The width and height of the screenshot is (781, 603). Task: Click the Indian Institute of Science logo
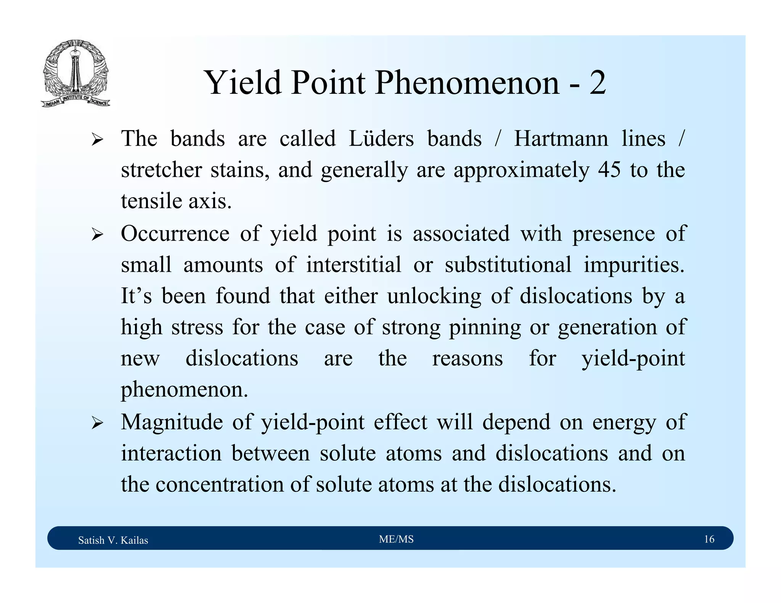pos(76,74)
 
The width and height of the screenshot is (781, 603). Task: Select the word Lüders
pos(381,138)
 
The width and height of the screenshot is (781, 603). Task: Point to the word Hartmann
pos(561,138)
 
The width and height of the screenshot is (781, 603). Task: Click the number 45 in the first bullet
pos(609,170)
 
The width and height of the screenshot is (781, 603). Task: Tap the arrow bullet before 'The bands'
pos(97,140)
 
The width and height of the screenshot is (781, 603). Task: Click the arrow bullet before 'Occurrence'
pos(97,235)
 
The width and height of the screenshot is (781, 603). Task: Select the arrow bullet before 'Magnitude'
pos(97,423)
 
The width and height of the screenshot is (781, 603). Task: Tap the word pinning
pos(484,327)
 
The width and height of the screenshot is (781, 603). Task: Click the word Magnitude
pos(172,422)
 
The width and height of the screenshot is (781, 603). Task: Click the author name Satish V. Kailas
pos(113,540)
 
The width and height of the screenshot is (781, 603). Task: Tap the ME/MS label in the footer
pos(396,539)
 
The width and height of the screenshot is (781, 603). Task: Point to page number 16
pos(709,539)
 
